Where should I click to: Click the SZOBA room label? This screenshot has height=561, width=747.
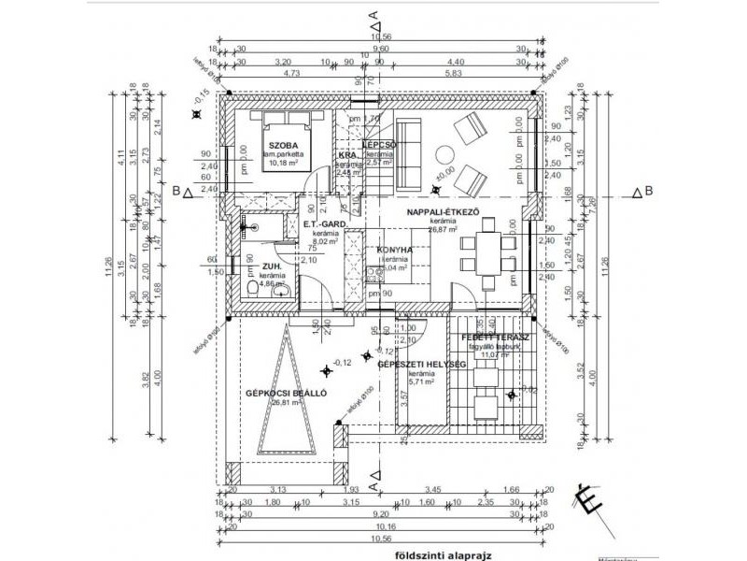click(284, 147)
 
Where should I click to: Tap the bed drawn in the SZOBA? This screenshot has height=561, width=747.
click(284, 122)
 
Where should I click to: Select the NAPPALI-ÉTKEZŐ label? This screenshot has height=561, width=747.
click(443, 213)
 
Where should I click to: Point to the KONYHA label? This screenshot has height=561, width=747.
click(394, 250)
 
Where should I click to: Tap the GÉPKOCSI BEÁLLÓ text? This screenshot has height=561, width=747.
click(286, 394)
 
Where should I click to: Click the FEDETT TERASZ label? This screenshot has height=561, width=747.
click(496, 336)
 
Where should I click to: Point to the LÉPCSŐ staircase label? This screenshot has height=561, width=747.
click(380, 145)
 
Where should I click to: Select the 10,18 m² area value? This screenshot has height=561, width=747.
click(281, 162)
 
